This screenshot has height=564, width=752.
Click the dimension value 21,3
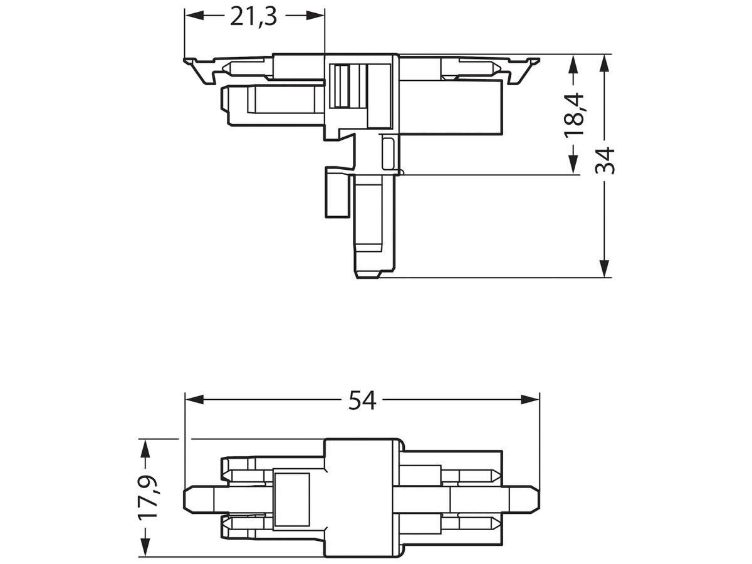pyautogui.click(x=254, y=18)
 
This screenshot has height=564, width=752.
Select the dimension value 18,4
pyautogui.click(x=573, y=115)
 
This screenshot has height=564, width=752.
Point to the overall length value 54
pyautogui.click(x=362, y=399)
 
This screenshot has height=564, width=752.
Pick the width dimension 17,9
pyautogui.click(x=148, y=498)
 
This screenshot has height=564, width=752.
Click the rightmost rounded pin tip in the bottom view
pyautogui.click(x=533, y=499)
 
